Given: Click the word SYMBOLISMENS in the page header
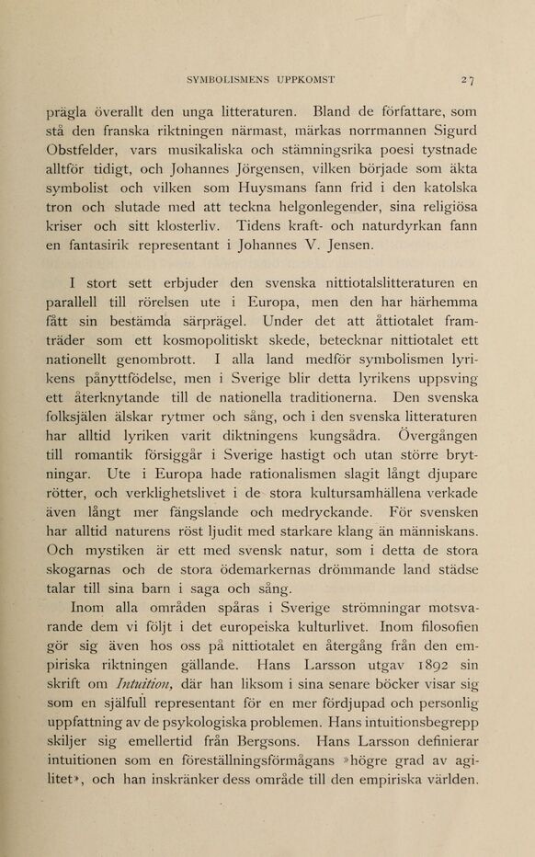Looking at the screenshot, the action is [x=226, y=79].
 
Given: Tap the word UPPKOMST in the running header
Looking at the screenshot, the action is [x=303, y=79].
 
